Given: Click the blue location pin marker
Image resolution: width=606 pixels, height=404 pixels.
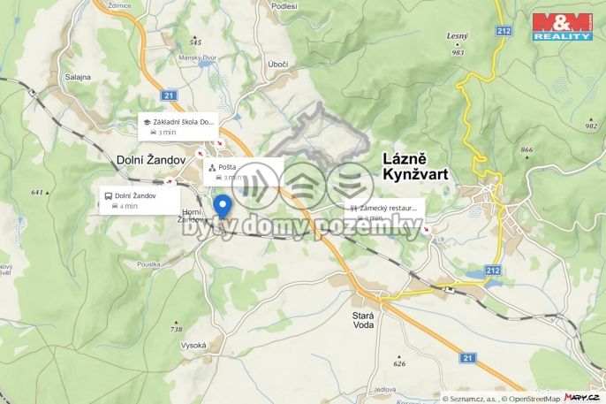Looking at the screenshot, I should tap(223, 205).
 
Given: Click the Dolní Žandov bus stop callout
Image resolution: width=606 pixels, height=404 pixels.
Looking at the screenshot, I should tap(140, 200).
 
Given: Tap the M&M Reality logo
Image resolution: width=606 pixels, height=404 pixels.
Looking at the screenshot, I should tap(561, 27).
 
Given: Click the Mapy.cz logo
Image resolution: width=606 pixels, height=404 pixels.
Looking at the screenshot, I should tap(582, 398).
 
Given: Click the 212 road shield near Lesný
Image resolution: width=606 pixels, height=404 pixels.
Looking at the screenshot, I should tap(504, 32).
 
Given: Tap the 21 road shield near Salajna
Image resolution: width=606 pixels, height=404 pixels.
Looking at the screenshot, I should tap(170, 95).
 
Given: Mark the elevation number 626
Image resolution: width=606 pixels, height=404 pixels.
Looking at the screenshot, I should tap(399, 363).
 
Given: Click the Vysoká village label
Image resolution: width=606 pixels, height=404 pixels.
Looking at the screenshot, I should tap(193, 345).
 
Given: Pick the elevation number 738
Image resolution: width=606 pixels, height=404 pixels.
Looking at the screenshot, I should tap(177, 328).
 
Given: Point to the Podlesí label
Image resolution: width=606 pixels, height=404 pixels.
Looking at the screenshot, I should tap(284, 6).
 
